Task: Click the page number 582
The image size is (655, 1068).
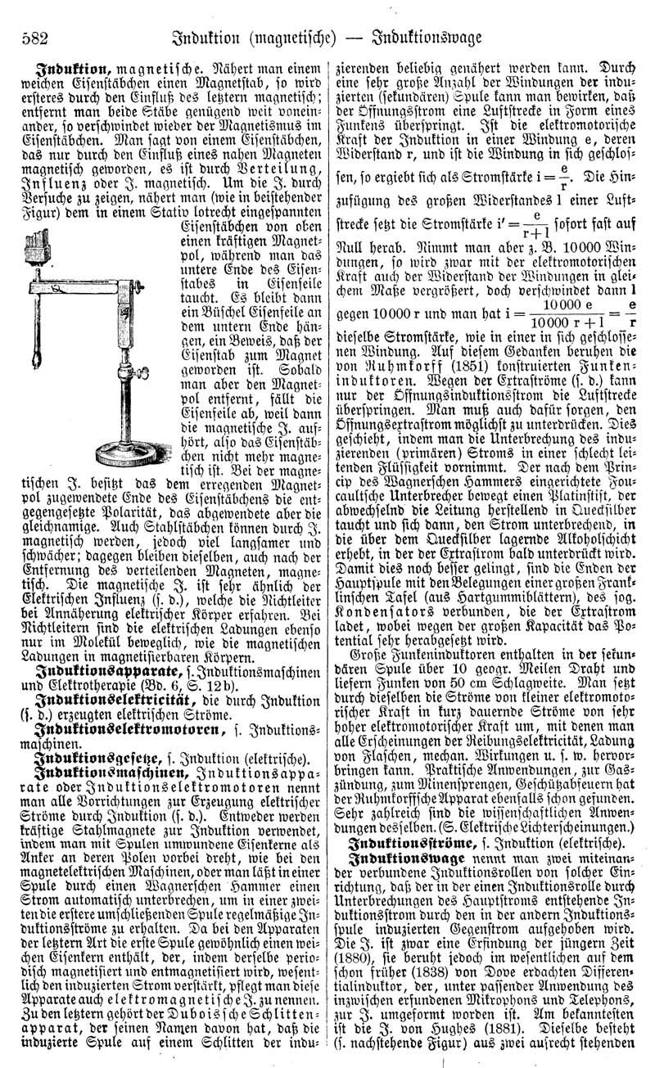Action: click(x=30, y=38)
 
